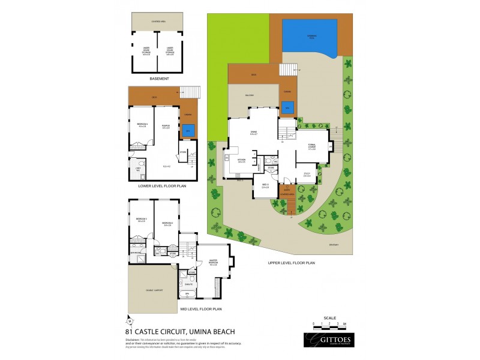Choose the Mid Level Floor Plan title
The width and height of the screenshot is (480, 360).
(x=201, y=309)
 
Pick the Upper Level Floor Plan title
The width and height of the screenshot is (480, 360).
(x=292, y=263)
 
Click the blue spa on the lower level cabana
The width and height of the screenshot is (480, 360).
(x=188, y=131)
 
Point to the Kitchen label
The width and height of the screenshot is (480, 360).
(x=242, y=161)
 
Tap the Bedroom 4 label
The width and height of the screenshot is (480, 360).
(x=142, y=125)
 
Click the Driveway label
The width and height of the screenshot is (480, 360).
(x=334, y=245)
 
